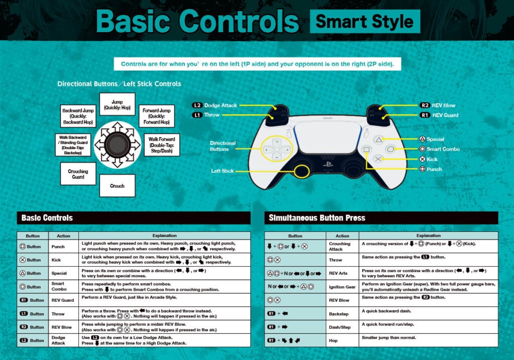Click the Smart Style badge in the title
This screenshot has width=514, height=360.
pos(365,22)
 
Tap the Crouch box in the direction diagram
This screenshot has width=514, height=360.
pos(117,186)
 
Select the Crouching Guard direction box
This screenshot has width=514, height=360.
pos(78,174)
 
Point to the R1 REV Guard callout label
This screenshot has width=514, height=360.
pos(439,115)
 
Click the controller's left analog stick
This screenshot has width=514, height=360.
pos(302,171)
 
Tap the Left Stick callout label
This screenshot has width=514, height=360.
pos(222,171)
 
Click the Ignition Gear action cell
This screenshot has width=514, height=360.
pos(342,287)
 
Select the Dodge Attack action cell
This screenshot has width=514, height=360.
pos(58,340)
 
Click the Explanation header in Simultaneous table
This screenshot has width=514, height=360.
pos(428,235)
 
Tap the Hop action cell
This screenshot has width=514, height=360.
pos(342,340)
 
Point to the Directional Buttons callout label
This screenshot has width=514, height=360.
pos(222,146)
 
